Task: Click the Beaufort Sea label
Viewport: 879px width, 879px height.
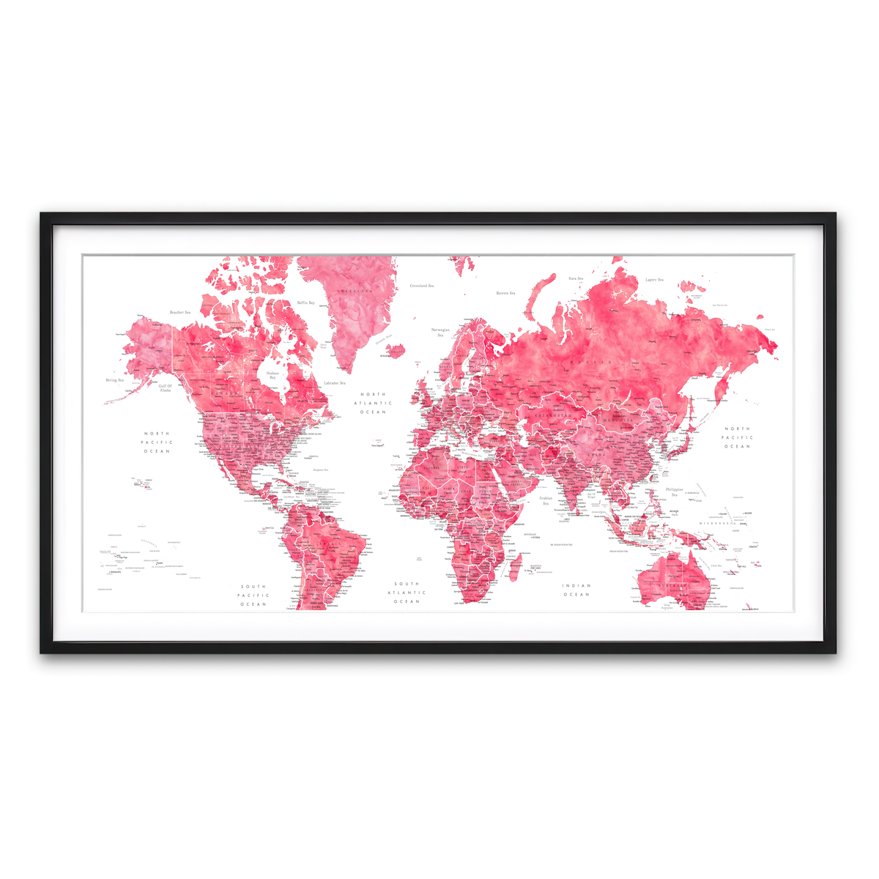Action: [179, 313]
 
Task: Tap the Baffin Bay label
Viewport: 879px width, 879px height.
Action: [306, 303]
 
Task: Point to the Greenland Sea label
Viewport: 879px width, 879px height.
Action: [421, 286]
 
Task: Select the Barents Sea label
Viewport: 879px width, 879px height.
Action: [505, 293]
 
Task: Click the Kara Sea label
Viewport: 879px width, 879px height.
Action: [576, 278]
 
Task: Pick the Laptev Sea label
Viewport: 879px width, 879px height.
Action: [654, 280]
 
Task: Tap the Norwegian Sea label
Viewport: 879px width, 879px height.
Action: [440, 333]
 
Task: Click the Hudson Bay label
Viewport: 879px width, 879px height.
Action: [272, 375]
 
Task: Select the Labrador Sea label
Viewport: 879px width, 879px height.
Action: [335, 382]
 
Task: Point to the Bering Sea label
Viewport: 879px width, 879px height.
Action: [115, 380]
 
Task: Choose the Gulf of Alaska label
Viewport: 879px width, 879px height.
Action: [165, 388]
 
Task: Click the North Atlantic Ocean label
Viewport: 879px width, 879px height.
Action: [372, 403]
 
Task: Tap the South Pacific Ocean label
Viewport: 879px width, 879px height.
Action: [253, 596]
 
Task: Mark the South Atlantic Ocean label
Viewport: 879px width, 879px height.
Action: [407, 593]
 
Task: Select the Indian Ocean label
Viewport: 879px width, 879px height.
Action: [576, 590]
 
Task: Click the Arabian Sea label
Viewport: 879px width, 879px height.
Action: [546, 500]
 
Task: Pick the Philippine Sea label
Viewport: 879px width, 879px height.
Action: [675, 492]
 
